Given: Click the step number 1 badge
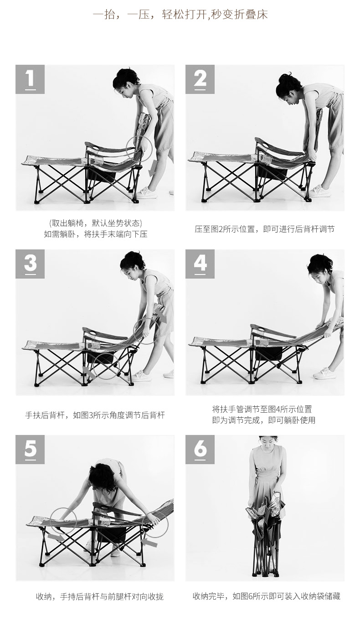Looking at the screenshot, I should click(x=30, y=79).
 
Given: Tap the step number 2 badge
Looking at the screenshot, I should click(x=200, y=79).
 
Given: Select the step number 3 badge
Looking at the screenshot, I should click(x=30, y=264).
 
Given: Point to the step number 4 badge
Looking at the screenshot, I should click(x=200, y=264).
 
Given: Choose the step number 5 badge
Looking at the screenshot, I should click(x=30, y=450).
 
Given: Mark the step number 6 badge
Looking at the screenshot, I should click(x=200, y=450).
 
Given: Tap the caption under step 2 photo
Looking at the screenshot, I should click(x=264, y=229).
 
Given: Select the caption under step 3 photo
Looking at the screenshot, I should click(x=95, y=415).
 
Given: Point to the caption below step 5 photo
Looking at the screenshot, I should click(x=99, y=596).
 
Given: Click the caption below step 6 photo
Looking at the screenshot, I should click(x=266, y=596).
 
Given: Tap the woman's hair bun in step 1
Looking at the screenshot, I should click(x=122, y=73).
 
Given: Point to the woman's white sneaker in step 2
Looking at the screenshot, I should click(x=322, y=191).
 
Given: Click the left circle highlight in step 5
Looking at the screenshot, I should click(x=64, y=519).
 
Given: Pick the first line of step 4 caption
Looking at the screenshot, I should click(x=262, y=409).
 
